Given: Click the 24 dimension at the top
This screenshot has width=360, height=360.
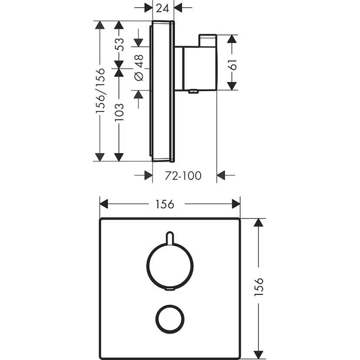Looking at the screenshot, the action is click(162, 8).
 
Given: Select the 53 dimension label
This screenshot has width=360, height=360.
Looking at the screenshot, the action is click(120, 44).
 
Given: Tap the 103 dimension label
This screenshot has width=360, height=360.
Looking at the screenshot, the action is click(120, 112).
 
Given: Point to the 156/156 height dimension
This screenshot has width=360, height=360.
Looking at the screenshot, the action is click(100, 90).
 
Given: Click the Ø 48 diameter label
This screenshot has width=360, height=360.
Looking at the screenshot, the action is click(139, 68).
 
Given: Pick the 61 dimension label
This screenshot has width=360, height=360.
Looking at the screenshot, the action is click(232, 64).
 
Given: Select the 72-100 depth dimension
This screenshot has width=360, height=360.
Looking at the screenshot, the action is click(183, 176).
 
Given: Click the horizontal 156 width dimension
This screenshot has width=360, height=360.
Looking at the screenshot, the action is click(165, 204).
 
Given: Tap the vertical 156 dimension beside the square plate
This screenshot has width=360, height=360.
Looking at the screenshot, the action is click(259, 287).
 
